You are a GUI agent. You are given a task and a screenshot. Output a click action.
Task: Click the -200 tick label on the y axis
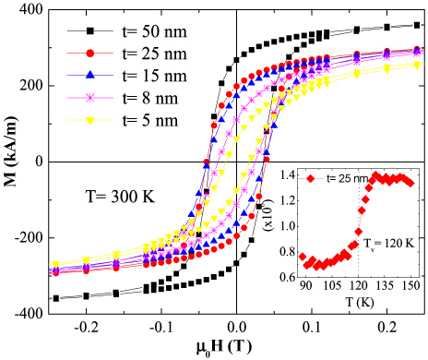(x=27, y=237)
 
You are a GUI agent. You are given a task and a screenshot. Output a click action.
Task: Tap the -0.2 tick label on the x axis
(x=86, y=328)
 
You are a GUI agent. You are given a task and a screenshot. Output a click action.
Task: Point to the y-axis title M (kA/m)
(x=11, y=161)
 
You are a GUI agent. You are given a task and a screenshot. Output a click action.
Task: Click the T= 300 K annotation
(x=110, y=196)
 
